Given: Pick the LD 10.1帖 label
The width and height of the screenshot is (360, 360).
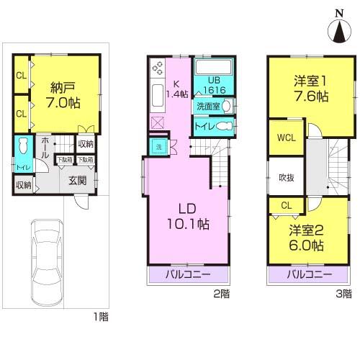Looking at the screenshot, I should coord(189,217).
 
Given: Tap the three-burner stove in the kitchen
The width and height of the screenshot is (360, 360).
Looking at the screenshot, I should coord(157,68).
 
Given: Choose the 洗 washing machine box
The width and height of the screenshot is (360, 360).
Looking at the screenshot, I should coord(156,146).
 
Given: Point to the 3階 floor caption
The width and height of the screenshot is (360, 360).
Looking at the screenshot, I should coord(345,294).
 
